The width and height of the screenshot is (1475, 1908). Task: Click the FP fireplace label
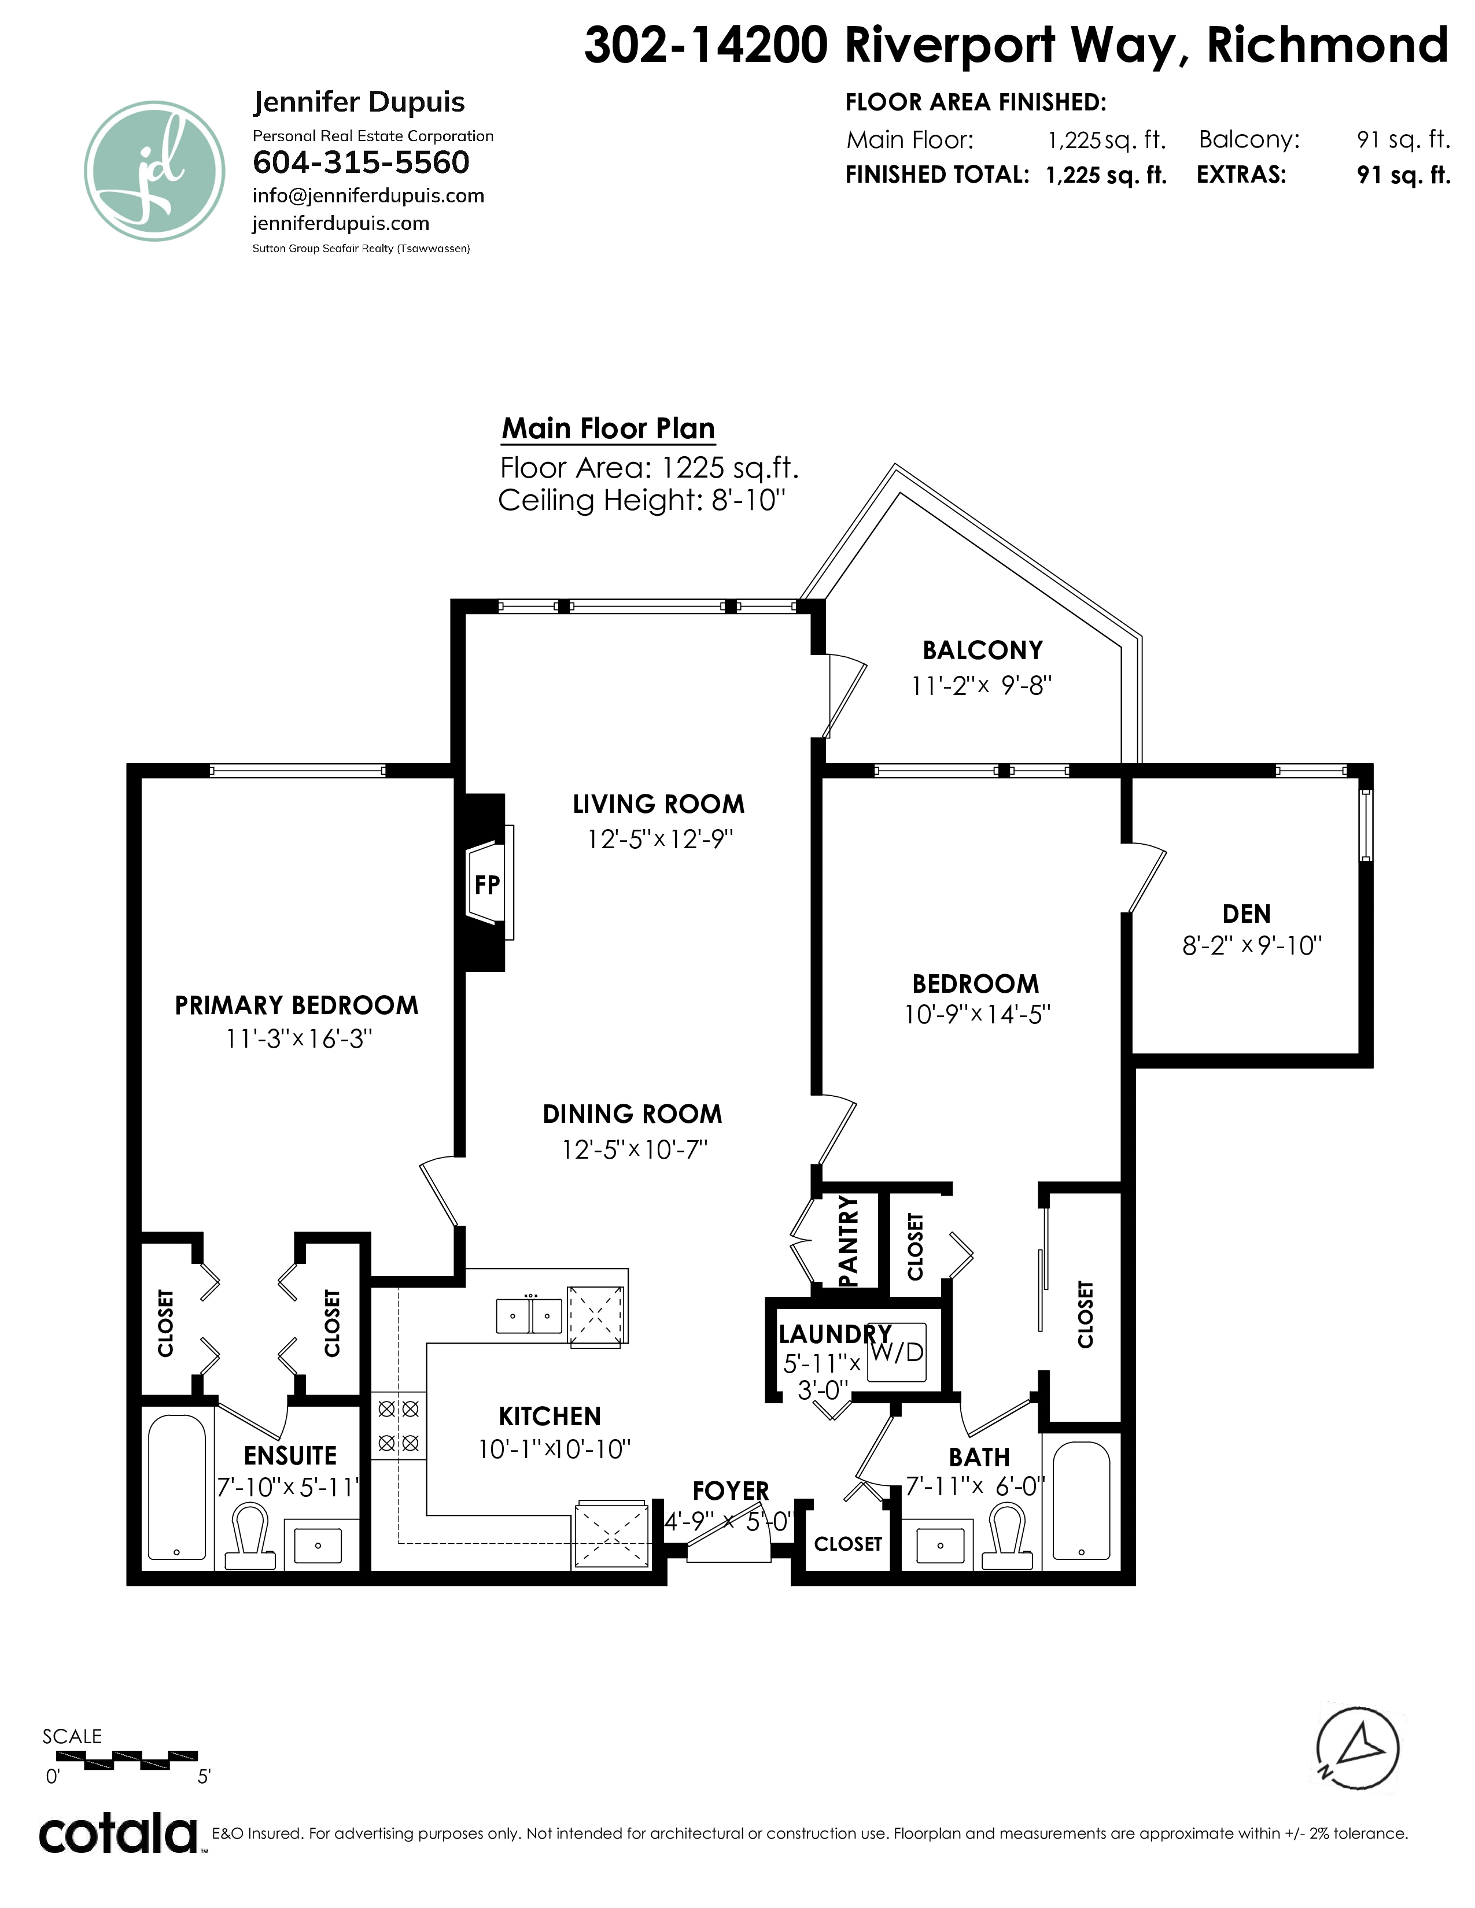[x=486, y=885]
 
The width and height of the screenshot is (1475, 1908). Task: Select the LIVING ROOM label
[x=659, y=804]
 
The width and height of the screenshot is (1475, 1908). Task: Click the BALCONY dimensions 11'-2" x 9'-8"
[x=980, y=686]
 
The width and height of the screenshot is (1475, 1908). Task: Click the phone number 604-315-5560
[x=361, y=162]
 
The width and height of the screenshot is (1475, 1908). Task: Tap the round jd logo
[x=154, y=171]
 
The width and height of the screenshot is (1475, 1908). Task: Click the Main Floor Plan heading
[x=608, y=429]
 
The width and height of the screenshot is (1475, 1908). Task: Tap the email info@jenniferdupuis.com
[x=368, y=195]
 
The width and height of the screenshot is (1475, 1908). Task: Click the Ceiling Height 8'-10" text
[x=641, y=501]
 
